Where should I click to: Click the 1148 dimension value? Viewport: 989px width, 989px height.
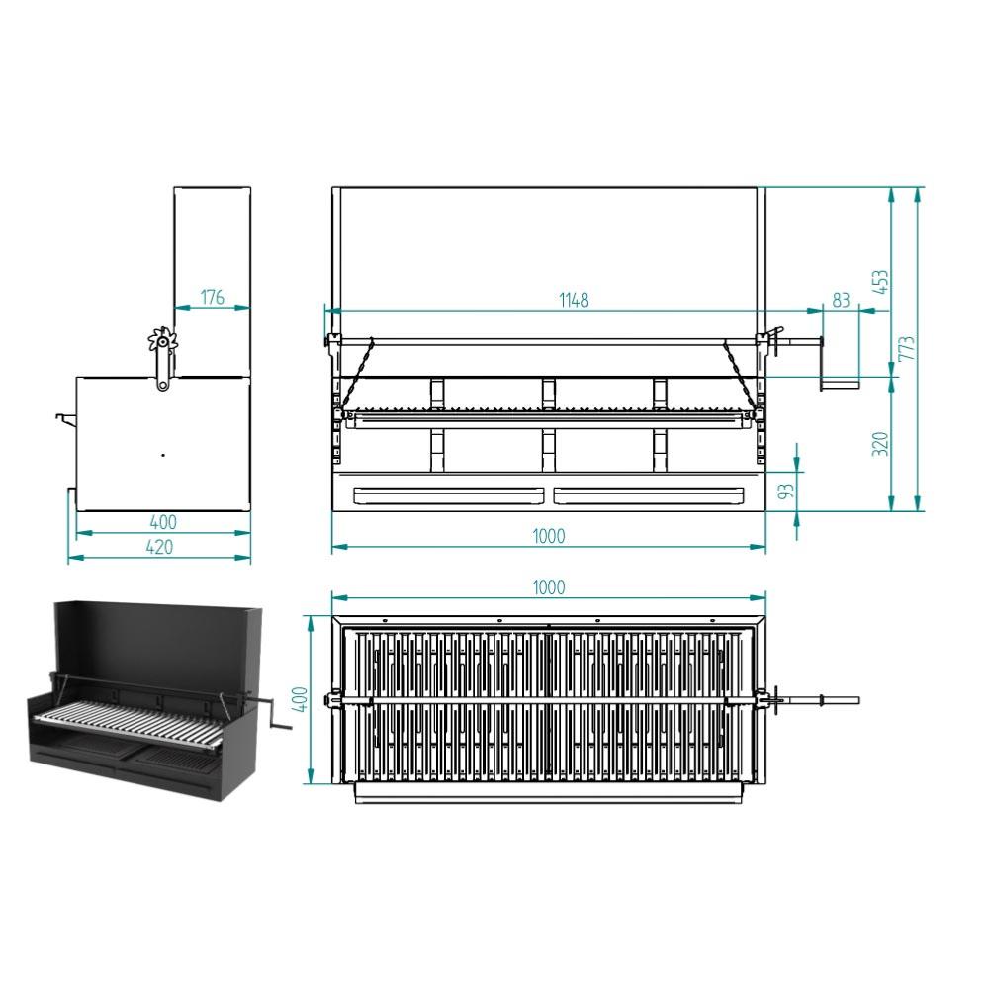[574, 300]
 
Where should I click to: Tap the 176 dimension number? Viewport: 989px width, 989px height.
[212, 297]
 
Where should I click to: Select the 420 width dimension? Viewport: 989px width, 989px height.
[159, 547]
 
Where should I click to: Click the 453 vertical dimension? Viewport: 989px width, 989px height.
[880, 282]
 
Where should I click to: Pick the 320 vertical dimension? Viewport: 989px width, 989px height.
[880, 444]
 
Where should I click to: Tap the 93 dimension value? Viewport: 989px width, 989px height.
[786, 492]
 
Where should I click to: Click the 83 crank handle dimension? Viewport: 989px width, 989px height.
[841, 300]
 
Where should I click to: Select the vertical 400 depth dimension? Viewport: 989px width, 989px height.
[301, 699]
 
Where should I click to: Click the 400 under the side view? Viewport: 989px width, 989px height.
[163, 522]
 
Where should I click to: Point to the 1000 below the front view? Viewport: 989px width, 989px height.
[548, 536]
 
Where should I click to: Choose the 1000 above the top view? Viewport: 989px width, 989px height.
[548, 587]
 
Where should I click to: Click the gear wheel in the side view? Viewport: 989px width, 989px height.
[163, 340]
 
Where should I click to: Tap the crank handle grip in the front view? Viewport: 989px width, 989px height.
[840, 384]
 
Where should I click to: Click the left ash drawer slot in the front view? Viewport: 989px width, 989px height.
[448, 495]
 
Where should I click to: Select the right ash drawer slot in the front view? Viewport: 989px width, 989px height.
[649, 495]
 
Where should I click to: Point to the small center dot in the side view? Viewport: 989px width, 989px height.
[163, 455]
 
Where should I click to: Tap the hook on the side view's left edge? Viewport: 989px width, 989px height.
[65, 417]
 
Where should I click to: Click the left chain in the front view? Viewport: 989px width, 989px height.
[357, 375]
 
